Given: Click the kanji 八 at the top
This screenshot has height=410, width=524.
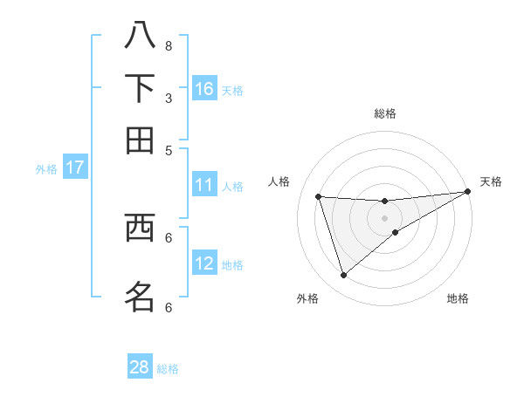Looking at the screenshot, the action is pos(140,35).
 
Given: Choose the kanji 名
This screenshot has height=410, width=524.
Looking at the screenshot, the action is pos(140,296).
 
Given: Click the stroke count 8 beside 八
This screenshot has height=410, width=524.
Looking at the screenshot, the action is pos(169,45).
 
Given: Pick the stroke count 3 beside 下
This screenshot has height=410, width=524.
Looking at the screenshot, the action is pos(169,98).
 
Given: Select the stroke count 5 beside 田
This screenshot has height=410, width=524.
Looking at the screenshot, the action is pos(169,150).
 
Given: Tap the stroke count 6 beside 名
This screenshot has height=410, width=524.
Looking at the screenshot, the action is pos(169,307).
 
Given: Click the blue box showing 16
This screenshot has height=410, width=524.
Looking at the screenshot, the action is pos(204,89).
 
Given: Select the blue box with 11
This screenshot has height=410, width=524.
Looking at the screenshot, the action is pos(204,185).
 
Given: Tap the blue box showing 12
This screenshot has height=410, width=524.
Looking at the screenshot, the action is pos(204,263).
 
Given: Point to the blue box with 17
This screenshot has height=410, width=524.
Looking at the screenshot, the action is pos(74,167).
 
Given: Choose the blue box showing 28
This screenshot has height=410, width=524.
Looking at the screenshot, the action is pos(140,367).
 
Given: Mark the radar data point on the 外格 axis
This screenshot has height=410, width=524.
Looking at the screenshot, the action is pos(343,276).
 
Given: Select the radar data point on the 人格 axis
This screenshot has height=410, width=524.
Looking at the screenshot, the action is pos(319,197).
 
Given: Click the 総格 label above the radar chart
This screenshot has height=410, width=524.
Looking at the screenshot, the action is pos(384,113).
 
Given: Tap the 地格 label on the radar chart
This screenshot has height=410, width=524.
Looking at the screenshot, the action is pos(458,299).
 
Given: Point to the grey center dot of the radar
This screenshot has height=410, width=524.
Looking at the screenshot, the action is pos(384,217).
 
